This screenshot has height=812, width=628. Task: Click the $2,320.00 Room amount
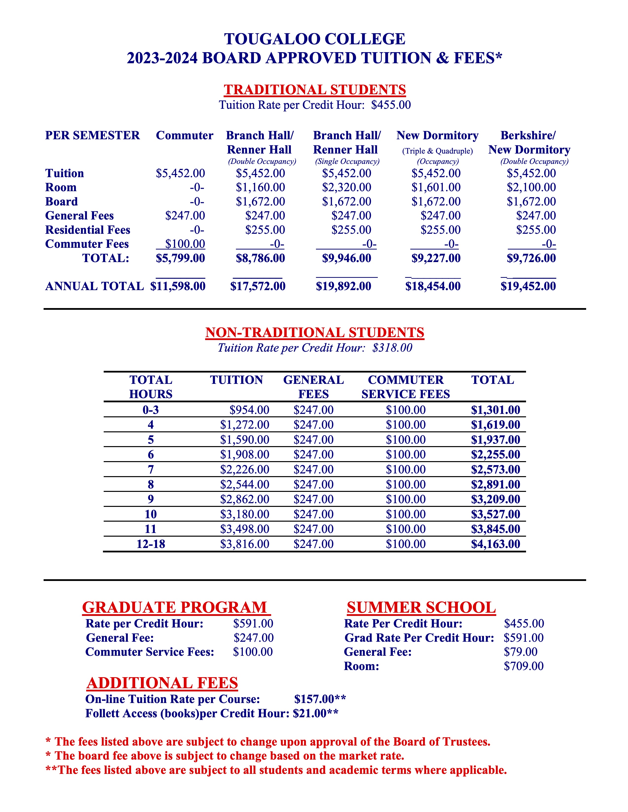point(346,187)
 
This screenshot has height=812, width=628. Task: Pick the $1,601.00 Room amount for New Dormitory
point(436,187)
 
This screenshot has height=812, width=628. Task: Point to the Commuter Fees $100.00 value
point(185,244)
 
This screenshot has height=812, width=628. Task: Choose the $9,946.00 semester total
point(346,258)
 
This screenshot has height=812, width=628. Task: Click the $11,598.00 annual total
point(178,286)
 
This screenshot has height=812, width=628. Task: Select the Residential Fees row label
point(88,230)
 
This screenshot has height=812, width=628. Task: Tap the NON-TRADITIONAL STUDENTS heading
point(315,332)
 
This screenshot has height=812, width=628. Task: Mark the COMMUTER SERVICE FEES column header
point(406,387)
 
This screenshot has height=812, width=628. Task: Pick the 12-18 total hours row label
point(151,544)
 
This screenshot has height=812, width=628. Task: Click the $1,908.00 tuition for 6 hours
point(245,454)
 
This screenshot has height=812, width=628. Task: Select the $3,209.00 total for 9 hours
point(496,499)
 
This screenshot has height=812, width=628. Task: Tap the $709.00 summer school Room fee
point(524,666)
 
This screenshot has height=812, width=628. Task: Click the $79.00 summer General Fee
point(520,652)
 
